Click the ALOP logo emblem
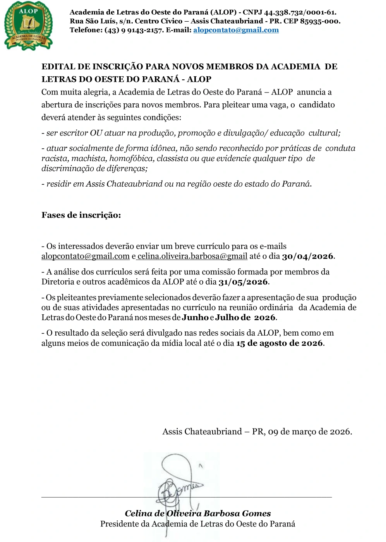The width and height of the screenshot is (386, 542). point(28,26)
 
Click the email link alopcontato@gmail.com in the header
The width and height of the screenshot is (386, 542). point(236,30)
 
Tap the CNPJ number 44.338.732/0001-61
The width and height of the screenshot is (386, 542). point(300,12)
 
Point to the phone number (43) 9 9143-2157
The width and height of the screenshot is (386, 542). point(134,30)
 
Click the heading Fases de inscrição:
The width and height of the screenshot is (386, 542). point(81,215)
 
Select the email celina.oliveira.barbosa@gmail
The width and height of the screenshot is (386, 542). point(192,256)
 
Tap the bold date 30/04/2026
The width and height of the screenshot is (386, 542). point(307,256)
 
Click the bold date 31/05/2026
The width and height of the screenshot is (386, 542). point(243,282)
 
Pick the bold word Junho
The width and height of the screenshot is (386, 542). point(195,317)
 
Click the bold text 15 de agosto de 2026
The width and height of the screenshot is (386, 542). point(280,343)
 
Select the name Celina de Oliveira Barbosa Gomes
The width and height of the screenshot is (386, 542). point(197,514)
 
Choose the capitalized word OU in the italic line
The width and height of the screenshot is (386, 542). point(96,133)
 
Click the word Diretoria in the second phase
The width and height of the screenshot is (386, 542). point(58,282)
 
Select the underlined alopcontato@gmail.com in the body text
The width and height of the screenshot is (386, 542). point(85,256)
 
